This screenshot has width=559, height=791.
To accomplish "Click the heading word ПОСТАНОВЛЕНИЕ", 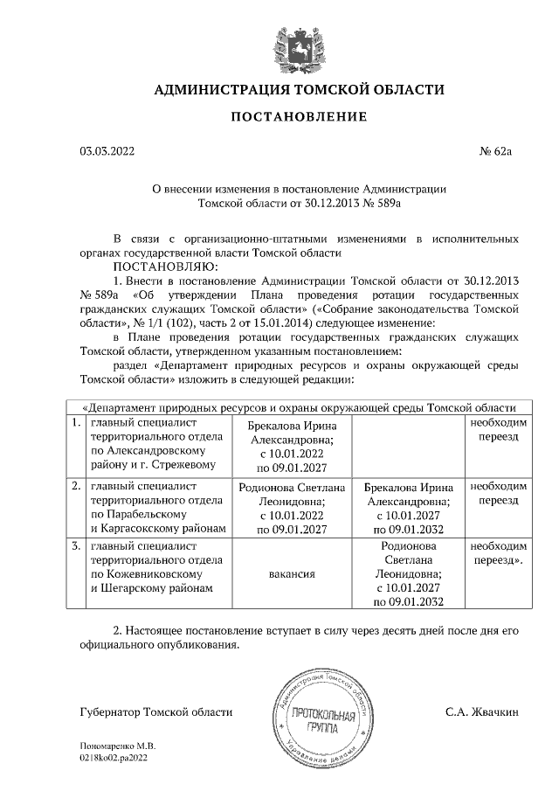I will tap(299, 117).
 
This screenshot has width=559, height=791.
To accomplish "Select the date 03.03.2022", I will tap(107, 152).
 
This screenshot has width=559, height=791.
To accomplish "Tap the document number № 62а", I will tap(495, 152).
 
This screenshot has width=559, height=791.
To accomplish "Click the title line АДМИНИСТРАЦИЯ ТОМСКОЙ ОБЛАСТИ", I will tap(299, 89).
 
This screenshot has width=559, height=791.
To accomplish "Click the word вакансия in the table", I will tap(292, 574).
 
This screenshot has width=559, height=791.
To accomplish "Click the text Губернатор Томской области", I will tap(156, 713).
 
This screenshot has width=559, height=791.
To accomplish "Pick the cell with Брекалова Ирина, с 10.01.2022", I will tap(292, 444).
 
